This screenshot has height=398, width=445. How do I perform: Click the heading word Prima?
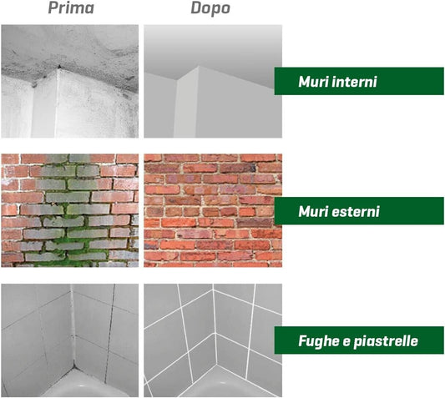(71, 8)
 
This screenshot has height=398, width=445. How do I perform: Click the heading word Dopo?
(210, 8)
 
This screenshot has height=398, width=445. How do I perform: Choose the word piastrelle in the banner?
(386, 341)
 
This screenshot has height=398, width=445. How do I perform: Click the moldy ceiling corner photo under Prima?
(70, 81)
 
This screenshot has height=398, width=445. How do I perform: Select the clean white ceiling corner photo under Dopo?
(213, 81)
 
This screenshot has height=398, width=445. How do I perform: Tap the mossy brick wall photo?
(70, 210)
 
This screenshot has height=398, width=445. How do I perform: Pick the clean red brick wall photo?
(213, 210)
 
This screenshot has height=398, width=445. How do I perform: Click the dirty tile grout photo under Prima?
(70, 340)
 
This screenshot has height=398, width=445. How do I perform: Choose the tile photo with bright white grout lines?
(213, 340)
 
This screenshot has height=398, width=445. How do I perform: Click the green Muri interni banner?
(359, 81)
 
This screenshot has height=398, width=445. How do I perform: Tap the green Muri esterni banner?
(359, 211)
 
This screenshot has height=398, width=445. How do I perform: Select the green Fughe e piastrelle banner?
(359, 340)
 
